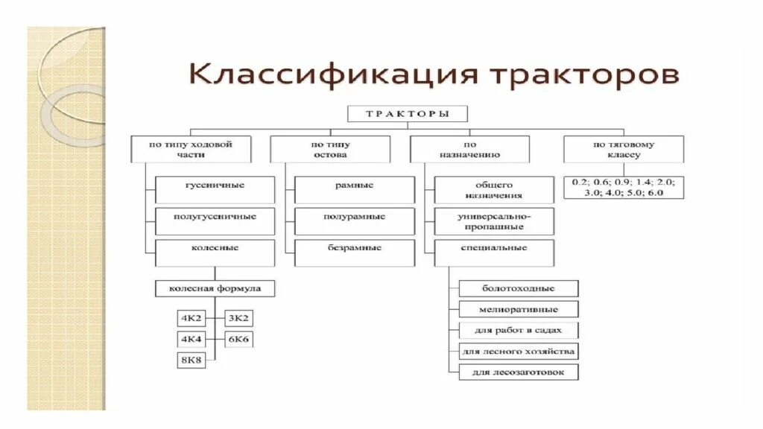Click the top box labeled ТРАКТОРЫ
tap(408, 114)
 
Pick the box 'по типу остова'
tap(329, 149)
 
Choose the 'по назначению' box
tap(470, 149)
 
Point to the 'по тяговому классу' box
tap(623, 149)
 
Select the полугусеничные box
tap(215, 221)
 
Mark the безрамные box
tap(355, 252)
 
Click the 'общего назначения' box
tap(494, 190)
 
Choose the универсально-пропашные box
tap(494, 221)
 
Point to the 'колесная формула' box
tap(215, 287)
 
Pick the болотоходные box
tap(519, 288)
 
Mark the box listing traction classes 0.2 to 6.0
tap(623, 187)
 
